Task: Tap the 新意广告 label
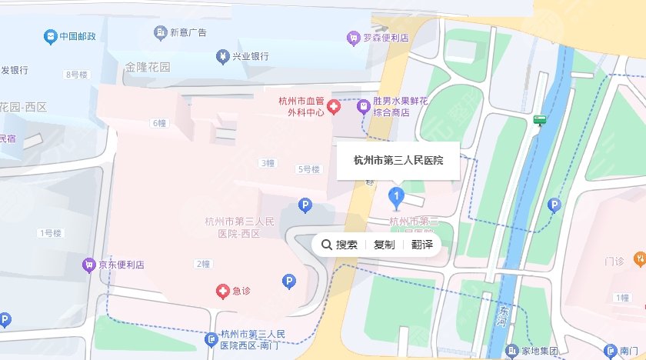tap(188, 32)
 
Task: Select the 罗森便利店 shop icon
tap(353, 37)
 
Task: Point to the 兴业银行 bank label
tap(250, 56)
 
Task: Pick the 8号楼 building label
tap(77, 75)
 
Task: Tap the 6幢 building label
tap(159, 123)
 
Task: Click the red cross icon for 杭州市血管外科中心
tap(334, 106)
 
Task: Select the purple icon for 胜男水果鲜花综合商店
tap(362, 106)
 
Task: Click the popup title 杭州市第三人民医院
tap(398, 160)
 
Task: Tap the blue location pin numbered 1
tap(397, 198)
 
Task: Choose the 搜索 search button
tap(339, 245)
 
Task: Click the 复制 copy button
tap(384, 245)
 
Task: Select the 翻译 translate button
tap(421, 245)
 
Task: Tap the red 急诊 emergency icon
tap(221, 291)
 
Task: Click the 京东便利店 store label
tap(122, 265)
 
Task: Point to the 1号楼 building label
tap(49, 232)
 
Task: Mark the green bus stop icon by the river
tap(541, 120)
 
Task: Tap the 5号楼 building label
tap(308, 169)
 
